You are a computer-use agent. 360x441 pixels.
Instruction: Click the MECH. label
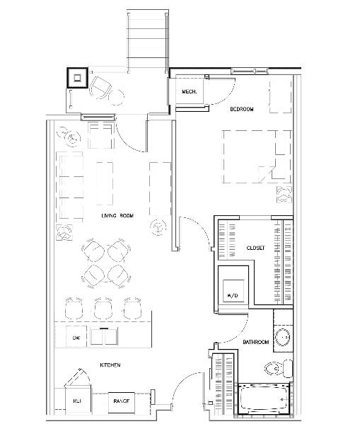[188, 92]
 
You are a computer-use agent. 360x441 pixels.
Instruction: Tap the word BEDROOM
[241, 109]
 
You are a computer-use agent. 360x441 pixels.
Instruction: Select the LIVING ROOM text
[117, 215]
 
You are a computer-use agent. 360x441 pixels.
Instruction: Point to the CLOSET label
[255, 248]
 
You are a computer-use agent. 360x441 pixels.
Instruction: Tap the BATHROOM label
[256, 343]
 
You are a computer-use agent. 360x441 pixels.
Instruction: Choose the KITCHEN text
[109, 365]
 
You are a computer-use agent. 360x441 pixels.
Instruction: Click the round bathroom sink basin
[281, 338]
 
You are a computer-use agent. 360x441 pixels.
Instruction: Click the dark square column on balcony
[76, 76]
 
